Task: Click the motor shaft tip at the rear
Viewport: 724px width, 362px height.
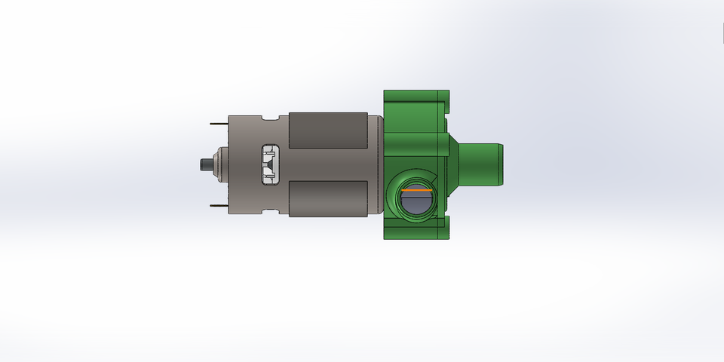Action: click(x=202, y=164)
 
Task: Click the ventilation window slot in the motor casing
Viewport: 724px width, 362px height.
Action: click(x=269, y=164)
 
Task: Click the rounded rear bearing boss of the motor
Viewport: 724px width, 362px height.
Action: click(x=219, y=164)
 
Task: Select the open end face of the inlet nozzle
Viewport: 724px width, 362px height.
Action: click(x=502, y=164)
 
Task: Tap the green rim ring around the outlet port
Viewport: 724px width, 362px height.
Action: click(x=393, y=198)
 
